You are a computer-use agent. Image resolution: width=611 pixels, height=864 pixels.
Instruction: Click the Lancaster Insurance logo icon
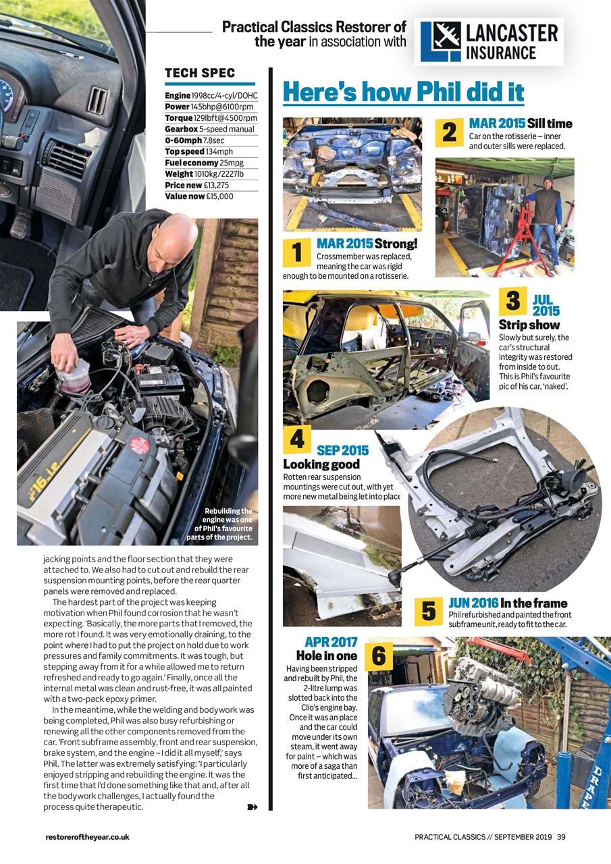[x=440, y=41]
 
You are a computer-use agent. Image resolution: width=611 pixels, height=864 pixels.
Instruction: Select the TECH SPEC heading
[x=200, y=73]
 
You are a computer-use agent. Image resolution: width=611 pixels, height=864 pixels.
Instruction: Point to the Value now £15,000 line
[x=199, y=196]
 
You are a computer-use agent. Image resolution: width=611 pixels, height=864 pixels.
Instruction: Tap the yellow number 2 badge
[x=449, y=132]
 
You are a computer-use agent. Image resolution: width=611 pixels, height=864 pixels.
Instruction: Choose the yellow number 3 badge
[x=512, y=300]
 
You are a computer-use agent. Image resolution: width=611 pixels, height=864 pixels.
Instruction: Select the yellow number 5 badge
[x=428, y=611]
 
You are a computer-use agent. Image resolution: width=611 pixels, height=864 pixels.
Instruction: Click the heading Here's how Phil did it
[x=403, y=92]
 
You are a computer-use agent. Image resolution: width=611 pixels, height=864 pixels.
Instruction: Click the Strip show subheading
[x=529, y=325]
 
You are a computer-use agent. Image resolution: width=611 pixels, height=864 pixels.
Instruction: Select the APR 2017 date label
[x=331, y=642]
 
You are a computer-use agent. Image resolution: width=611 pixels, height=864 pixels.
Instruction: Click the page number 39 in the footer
[x=561, y=837]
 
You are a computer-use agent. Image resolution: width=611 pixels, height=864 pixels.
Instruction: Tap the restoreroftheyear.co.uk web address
[x=87, y=837]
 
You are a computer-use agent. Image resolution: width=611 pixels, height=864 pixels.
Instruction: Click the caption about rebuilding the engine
[x=221, y=524]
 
